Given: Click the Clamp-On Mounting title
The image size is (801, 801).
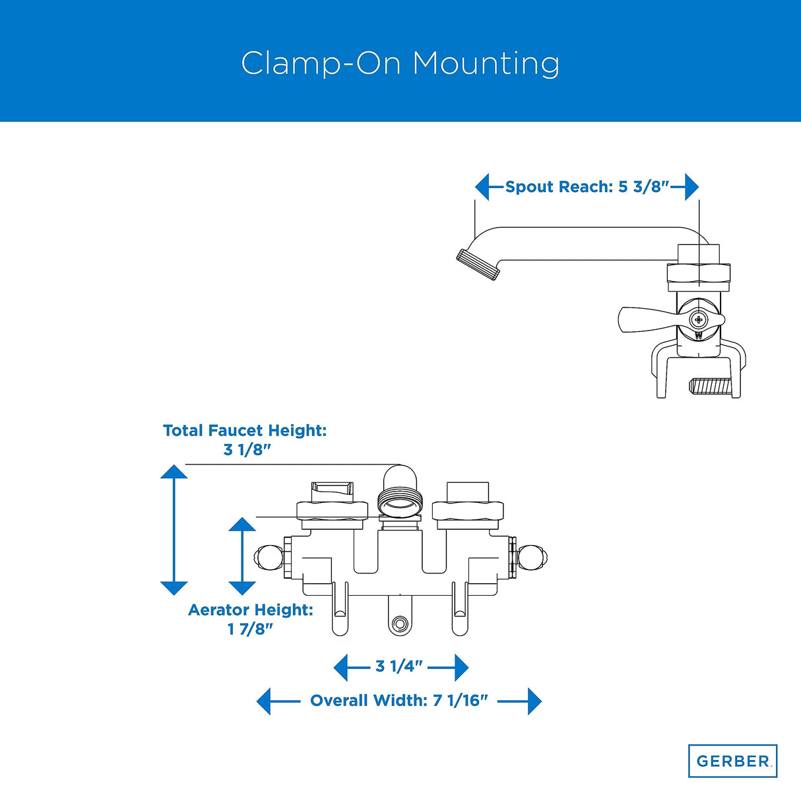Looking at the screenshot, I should pyautogui.click(x=400, y=64).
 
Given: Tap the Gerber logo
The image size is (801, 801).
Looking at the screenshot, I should pyautogui.click(x=732, y=761).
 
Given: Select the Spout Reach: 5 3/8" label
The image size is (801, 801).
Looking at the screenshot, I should pyautogui.click(x=587, y=187).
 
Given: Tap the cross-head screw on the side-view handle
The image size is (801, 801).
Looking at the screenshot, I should pyautogui.click(x=699, y=320).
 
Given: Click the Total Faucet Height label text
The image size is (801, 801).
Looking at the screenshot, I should pyautogui.click(x=245, y=430).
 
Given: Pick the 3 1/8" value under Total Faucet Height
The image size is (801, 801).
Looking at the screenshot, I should pyautogui.click(x=247, y=450).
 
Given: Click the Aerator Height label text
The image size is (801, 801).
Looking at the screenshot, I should pyautogui.click(x=251, y=610).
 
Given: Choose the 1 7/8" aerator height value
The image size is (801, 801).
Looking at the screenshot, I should pyautogui.click(x=250, y=629).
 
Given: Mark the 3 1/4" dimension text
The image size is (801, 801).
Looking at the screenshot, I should pyautogui.click(x=399, y=666).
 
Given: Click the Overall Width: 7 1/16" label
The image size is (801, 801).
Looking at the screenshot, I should pyautogui.click(x=399, y=701).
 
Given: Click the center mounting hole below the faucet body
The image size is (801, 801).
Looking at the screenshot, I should pyautogui.click(x=399, y=624).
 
